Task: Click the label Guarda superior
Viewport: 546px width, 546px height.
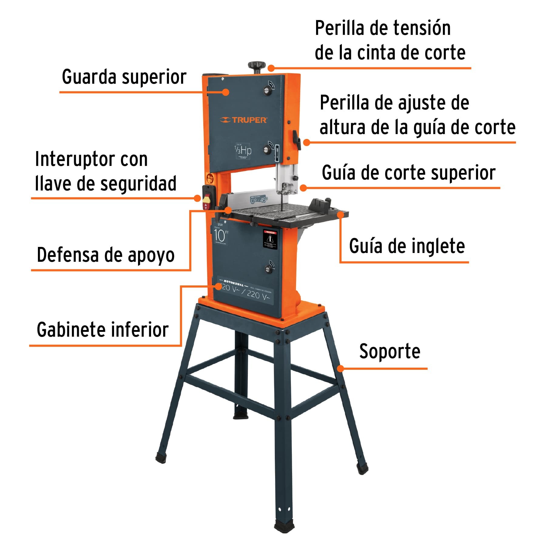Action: pyautogui.click(x=124, y=77)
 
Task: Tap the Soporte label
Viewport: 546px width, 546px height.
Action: pyautogui.click(x=389, y=352)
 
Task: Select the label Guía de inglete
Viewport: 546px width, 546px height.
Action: pyautogui.click(x=407, y=246)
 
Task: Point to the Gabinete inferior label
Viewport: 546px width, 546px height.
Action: pyautogui.click(x=103, y=330)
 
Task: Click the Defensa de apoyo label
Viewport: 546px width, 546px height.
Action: pyautogui.click(x=106, y=255)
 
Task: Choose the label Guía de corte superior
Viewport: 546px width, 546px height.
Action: pyautogui.click(x=408, y=173)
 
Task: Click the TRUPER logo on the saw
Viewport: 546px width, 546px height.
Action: pyautogui.click(x=243, y=120)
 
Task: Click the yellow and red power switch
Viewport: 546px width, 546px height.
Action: pyautogui.click(x=207, y=200)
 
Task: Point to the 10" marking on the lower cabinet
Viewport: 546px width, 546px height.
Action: pyautogui.click(x=221, y=235)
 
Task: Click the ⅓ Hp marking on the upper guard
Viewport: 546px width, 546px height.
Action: pyautogui.click(x=243, y=150)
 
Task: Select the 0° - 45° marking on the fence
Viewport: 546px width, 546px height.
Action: pyautogui.click(x=259, y=200)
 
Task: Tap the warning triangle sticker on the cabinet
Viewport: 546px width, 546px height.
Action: pyautogui.click(x=270, y=239)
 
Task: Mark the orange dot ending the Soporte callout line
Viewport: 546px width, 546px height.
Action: pyautogui.click(x=341, y=369)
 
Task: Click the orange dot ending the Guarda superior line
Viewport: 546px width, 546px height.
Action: pyautogui.click(x=225, y=92)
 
